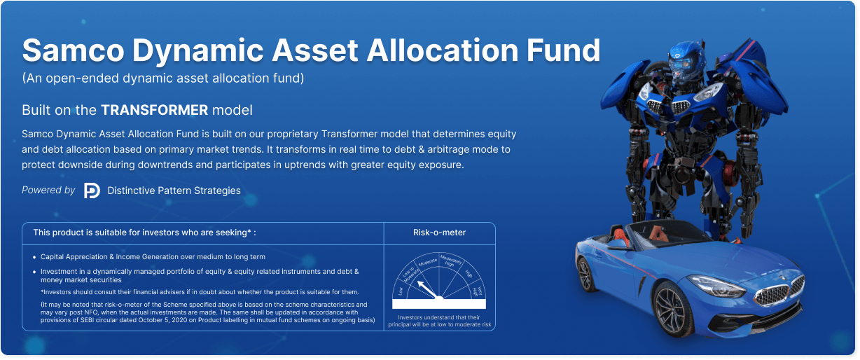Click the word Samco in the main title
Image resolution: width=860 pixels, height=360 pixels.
73,50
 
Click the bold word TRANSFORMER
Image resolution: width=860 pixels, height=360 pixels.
154,110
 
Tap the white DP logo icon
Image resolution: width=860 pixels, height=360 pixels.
92,191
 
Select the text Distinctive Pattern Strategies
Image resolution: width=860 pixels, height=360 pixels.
174,191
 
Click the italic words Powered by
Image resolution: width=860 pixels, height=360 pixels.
48,190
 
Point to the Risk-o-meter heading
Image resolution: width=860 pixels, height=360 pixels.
439,233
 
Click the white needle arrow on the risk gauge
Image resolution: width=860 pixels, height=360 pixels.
428,289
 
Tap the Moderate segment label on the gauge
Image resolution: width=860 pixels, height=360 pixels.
427,263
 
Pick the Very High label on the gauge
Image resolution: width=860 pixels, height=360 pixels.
478,291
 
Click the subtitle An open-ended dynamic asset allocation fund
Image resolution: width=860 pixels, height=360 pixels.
163,78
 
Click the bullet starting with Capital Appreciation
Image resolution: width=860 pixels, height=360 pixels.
153,257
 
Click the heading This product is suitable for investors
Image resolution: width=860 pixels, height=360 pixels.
144,233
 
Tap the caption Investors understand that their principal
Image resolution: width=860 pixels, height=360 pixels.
439,321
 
